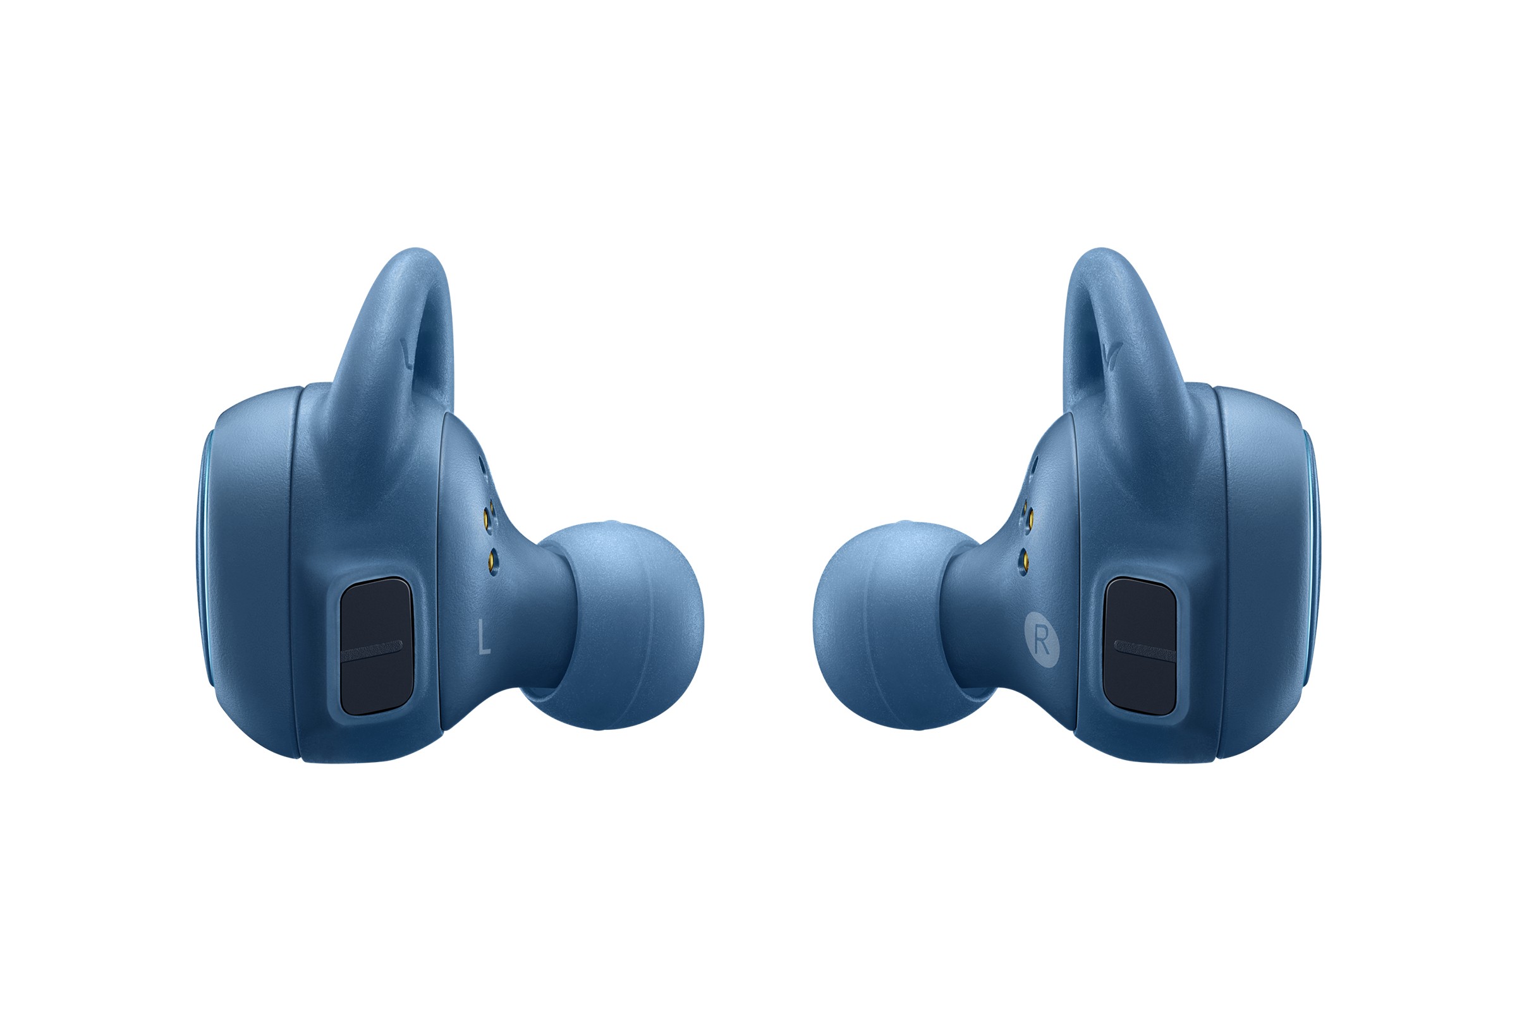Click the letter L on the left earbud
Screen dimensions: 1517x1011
point(484,636)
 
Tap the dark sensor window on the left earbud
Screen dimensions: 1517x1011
point(376,646)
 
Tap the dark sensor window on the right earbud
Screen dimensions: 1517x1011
point(1140,645)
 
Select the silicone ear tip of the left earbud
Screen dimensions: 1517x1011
point(616,626)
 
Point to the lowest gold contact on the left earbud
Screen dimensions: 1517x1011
point(494,555)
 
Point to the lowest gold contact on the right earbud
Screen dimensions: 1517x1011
point(1023,556)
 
